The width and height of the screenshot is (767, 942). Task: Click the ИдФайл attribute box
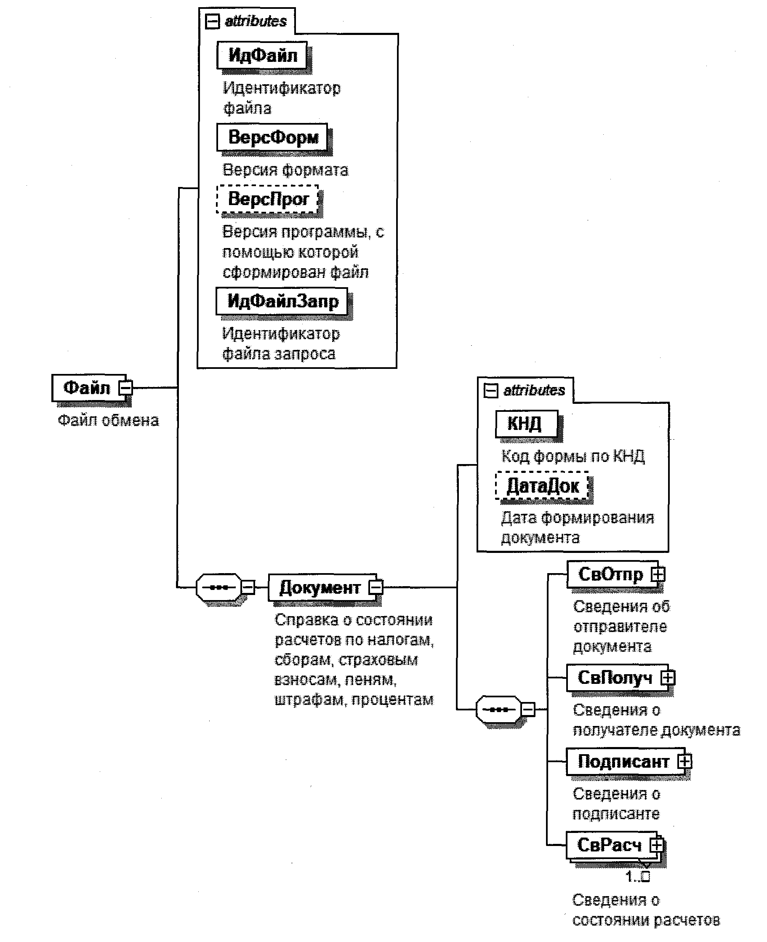262,55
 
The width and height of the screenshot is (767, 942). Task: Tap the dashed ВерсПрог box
268,199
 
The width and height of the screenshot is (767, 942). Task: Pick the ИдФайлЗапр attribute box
282,302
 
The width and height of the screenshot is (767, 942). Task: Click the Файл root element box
87,387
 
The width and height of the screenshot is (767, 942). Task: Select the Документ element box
320,588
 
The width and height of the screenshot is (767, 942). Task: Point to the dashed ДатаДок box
542,486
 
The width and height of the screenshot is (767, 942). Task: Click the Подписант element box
623,761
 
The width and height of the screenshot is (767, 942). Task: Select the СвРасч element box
609,845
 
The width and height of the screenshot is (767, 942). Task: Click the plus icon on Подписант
685,761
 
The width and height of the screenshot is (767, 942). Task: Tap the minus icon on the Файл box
126,387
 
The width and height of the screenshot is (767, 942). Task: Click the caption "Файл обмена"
108,420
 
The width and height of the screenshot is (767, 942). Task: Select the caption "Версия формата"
285,170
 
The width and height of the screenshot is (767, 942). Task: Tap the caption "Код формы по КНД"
573,456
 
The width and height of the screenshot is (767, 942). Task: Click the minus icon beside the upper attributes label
213,21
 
